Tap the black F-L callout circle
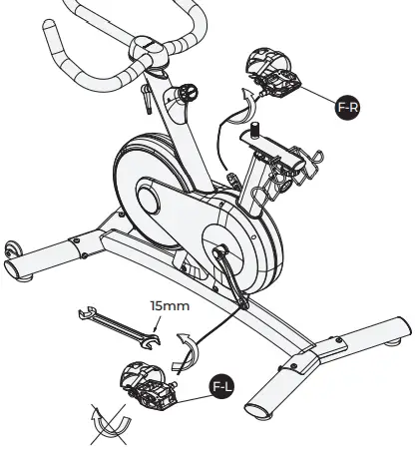(221, 382)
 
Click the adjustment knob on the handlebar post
(187, 95)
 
